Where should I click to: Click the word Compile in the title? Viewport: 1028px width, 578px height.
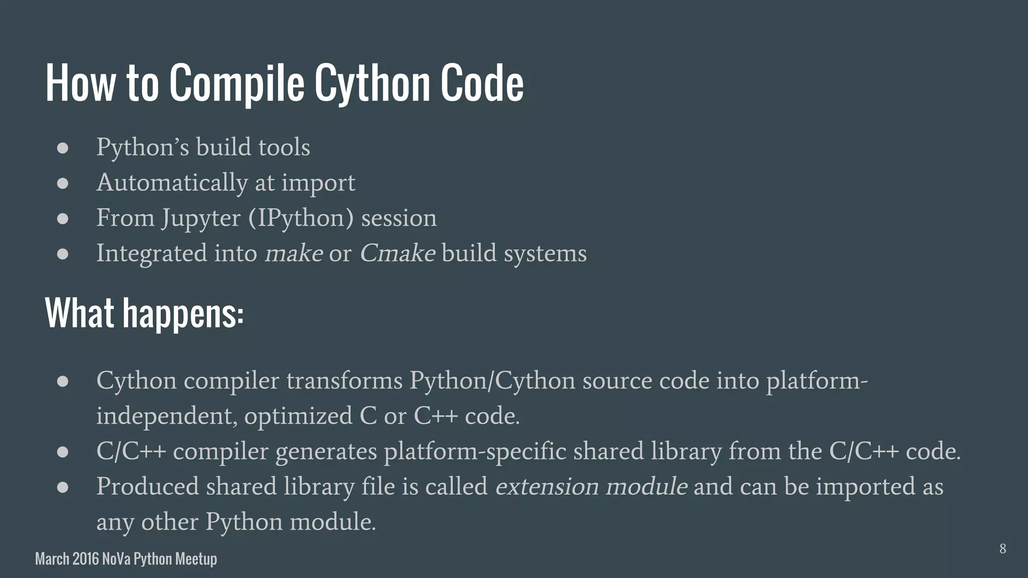pos(236,83)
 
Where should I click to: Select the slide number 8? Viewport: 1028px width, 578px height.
pos(1002,548)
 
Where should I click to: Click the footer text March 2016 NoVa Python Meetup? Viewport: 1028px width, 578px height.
pos(126,559)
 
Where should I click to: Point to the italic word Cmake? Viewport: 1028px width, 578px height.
pos(397,253)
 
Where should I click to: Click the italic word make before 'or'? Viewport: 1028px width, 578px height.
pos(294,253)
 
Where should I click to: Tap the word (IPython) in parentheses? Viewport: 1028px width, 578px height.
pos(301,218)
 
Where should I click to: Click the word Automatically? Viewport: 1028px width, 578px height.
pos(172,183)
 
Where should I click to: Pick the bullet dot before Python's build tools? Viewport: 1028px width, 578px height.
pos(63,148)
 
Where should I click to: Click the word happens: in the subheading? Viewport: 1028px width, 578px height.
pos(183,313)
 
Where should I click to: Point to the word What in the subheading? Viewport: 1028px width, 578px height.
pos(80,313)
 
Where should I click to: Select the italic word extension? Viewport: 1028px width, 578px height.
pos(547,487)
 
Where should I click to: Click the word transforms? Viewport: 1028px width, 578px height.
pos(344,380)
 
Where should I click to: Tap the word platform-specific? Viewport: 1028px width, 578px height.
pos(475,451)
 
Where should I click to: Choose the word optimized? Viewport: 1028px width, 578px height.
pos(298,416)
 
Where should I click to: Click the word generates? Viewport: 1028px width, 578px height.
pos(326,451)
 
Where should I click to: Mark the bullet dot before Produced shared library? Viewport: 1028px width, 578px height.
pos(63,487)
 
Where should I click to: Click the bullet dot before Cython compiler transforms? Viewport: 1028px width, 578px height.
pos(63,381)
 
